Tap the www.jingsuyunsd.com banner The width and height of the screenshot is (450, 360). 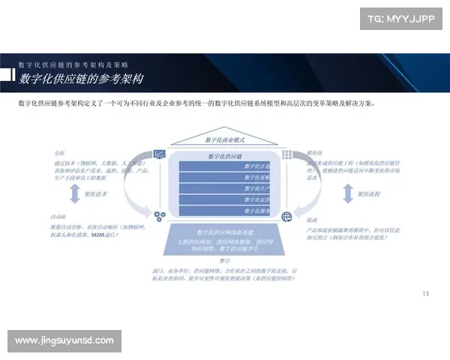click(x=65, y=341)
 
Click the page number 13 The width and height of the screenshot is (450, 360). click(x=426, y=293)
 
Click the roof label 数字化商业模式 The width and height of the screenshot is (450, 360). click(x=224, y=140)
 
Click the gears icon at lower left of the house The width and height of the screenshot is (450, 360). click(x=159, y=216)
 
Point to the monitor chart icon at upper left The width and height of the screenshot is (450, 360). click(x=159, y=154)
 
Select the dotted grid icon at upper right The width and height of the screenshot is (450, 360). click(x=286, y=154)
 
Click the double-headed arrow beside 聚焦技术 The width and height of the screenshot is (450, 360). click(x=73, y=195)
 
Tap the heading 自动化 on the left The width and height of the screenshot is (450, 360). click(x=58, y=217)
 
